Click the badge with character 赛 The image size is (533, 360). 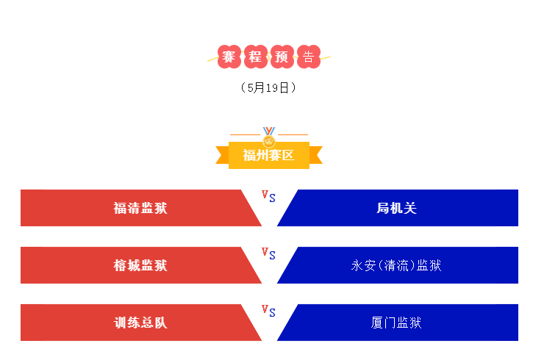pyautogui.click(x=229, y=57)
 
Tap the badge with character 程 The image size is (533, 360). pyautogui.click(x=256, y=57)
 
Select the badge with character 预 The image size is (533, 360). pyautogui.click(x=282, y=57)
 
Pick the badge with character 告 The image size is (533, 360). pyautogui.click(x=309, y=57)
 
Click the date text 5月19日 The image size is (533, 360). pyautogui.click(x=268, y=87)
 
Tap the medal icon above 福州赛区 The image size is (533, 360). pyautogui.click(x=269, y=137)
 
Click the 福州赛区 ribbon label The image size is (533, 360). pyautogui.click(x=269, y=155)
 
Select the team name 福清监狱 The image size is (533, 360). pyautogui.click(x=140, y=208)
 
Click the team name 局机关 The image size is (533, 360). pyautogui.click(x=397, y=208)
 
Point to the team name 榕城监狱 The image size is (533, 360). pyautogui.click(x=140, y=265)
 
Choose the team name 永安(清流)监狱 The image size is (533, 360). pyautogui.click(x=396, y=265)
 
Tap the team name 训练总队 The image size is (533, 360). pyautogui.click(x=140, y=323)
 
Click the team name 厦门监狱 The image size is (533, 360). pyautogui.click(x=396, y=323)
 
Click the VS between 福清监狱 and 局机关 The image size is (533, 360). pyautogui.click(x=268, y=196)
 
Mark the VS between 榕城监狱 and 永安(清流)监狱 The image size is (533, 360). pyautogui.click(x=268, y=253)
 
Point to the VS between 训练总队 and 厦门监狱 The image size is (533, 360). pyautogui.click(x=268, y=311)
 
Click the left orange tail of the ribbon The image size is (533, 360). pyautogui.click(x=222, y=155)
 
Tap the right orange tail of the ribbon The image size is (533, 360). pyautogui.click(x=316, y=155)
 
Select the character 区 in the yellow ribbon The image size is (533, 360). pyautogui.click(x=287, y=155)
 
